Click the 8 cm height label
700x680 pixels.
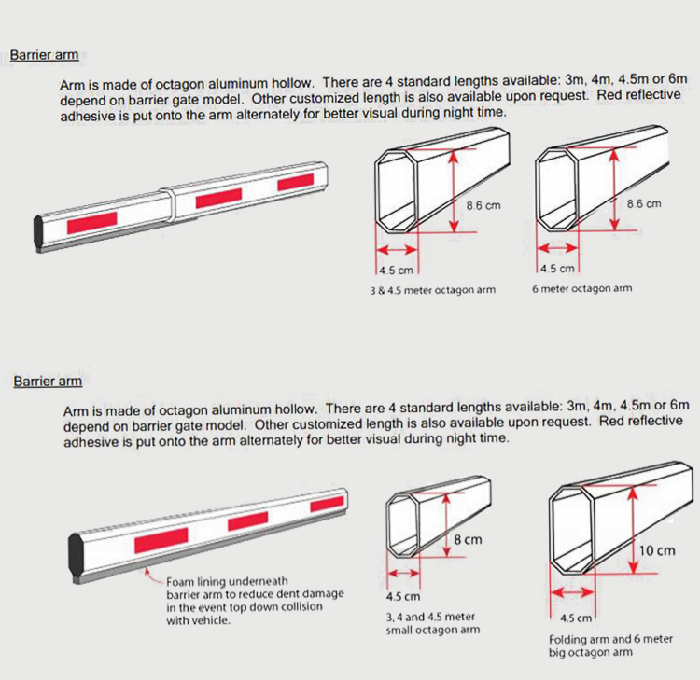click(x=467, y=540)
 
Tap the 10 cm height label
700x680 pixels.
click(x=656, y=550)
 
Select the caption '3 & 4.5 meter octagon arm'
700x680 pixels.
click(x=432, y=290)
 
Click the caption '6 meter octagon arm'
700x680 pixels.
click(x=581, y=288)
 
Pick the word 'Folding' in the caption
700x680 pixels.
click(x=568, y=639)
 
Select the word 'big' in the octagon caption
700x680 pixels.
click(x=558, y=652)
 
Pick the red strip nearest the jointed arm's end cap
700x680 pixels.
click(x=91, y=220)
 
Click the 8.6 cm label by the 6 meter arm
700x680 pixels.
click(x=643, y=202)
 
